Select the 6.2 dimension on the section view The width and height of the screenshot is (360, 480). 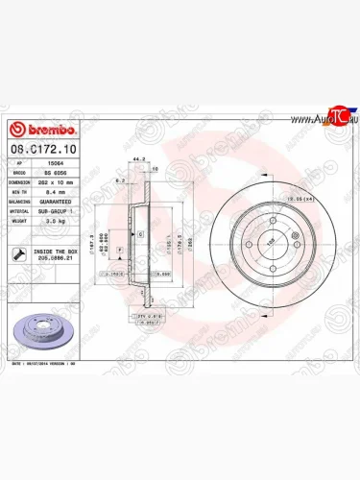(117, 180)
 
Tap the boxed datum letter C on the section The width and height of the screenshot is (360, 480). (140, 234)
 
